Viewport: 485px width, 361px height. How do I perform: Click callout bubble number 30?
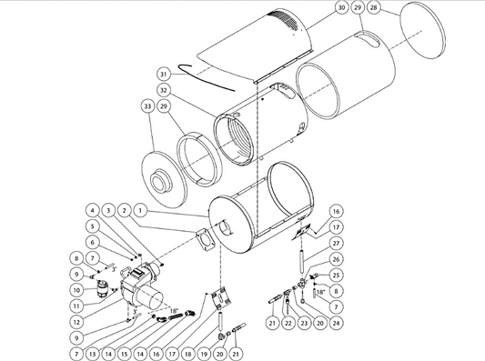click(x=341, y=7)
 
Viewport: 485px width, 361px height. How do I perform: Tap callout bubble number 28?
click(x=374, y=7)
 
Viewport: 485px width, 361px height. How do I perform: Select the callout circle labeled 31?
click(x=164, y=75)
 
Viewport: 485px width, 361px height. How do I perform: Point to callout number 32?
click(x=164, y=90)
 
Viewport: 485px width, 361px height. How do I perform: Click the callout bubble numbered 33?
click(x=147, y=106)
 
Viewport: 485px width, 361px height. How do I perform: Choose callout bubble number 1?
click(x=140, y=211)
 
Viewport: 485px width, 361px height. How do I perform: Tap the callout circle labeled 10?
click(x=76, y=290)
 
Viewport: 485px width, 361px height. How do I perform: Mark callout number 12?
click(x=76, y=322)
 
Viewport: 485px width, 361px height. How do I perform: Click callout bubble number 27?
click(x=336, y=243)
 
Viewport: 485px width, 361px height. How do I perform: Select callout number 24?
click(x=336, y=323)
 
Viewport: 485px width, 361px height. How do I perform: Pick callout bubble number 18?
click(x=187, y=354)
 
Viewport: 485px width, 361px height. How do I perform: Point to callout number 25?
click(x=336, y=276)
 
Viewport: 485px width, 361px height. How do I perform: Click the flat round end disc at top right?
click(x=423, y=30)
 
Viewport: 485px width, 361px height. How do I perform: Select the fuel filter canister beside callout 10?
click(x=101, y=288)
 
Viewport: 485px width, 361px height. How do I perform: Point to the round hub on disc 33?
click(x=160, y=180)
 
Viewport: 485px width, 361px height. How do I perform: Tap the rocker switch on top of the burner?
click(x=136, y=272)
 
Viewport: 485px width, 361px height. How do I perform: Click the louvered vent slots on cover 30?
click(x=284, y=21)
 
